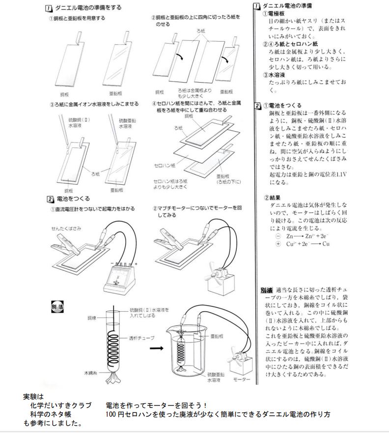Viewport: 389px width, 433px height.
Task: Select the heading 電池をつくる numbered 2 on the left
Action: (73, 199)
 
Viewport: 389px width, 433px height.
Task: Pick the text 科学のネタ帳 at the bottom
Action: (58, 414)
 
